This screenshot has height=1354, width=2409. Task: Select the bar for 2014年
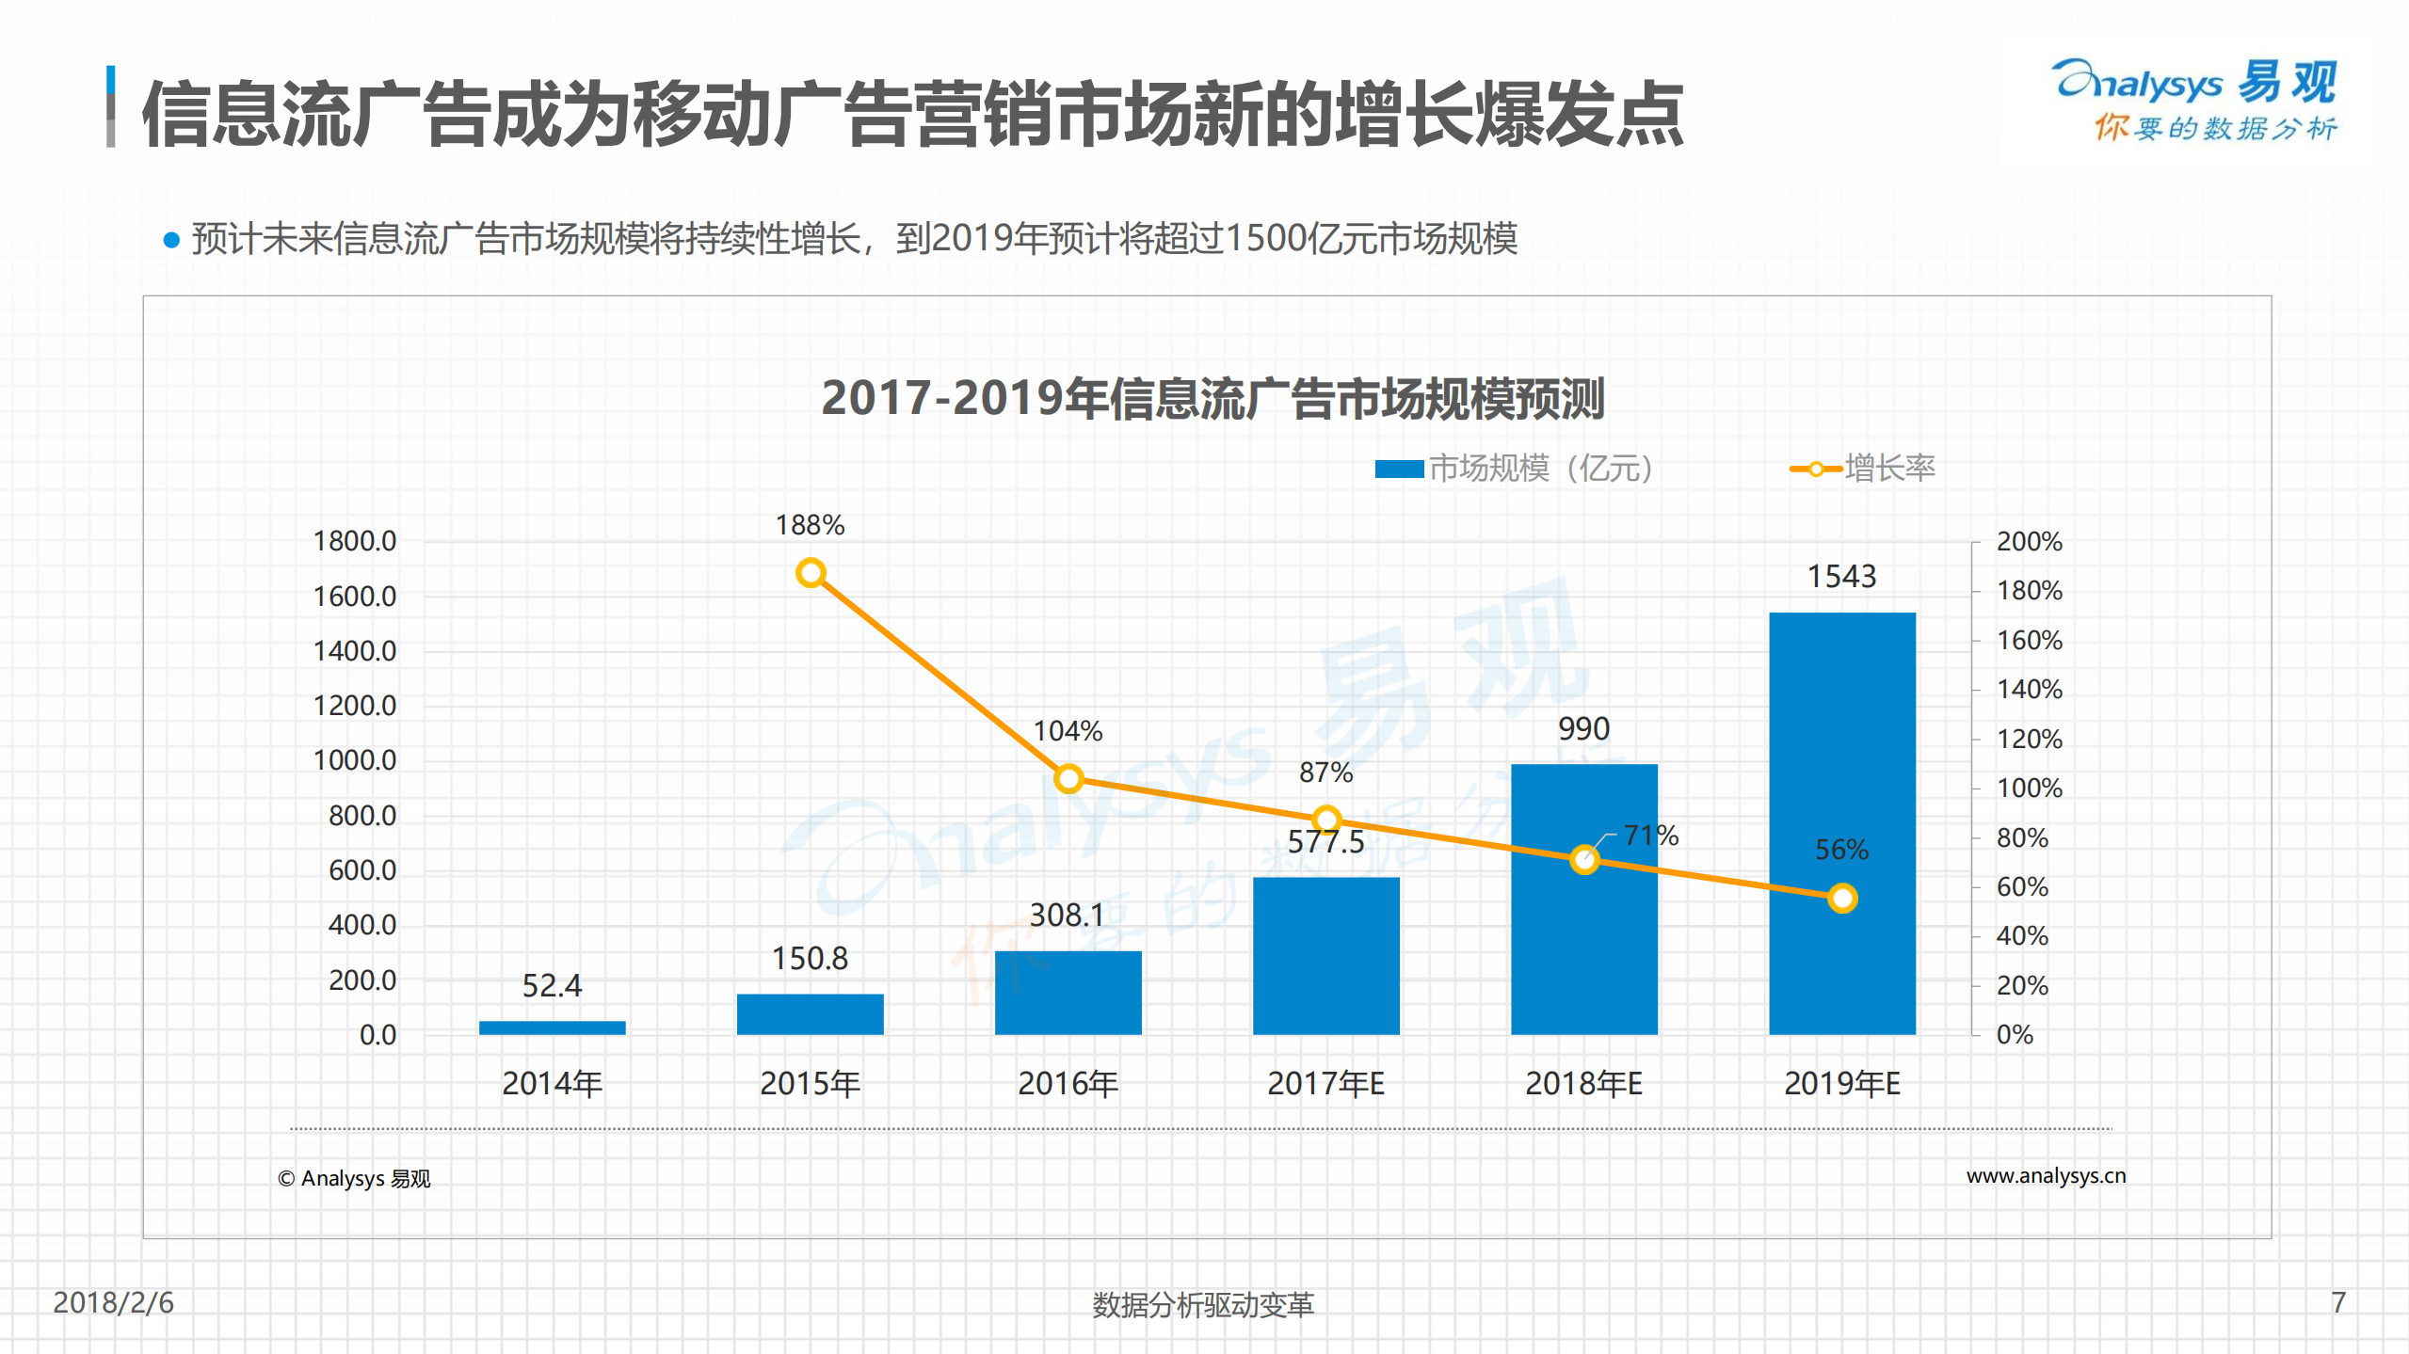[x=552, y=1027]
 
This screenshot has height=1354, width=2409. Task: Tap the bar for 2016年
[x=1068, y=993]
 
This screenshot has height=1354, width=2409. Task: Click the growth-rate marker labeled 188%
[x=811, y=572]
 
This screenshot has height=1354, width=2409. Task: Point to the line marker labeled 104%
[x=1068, y=778]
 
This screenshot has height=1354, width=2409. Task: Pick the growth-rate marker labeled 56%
[x=1842, y=899]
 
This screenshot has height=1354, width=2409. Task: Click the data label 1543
[x=1841, y=576]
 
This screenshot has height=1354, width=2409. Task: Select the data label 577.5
[x=1325, y=842]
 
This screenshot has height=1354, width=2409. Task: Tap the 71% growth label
[x=1651, y=835]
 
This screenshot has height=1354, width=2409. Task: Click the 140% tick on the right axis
[x=2029, y=690]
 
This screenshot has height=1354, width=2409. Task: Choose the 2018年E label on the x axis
[x=1583, y=1084]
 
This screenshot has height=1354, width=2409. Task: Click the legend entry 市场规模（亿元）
[x=1516, y=468]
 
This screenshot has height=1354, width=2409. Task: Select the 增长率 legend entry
[x=1864, y=468]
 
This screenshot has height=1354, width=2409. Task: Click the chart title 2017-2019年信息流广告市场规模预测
[x=1213, y=398]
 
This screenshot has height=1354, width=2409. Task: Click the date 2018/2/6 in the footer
[x=113, y=1302]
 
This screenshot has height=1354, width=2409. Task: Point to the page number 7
[x=2338, y=1302]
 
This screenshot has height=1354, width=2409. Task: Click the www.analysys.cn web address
[x=2046, y=1176]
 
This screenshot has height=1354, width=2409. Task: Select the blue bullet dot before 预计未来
[x=171, y=240]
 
